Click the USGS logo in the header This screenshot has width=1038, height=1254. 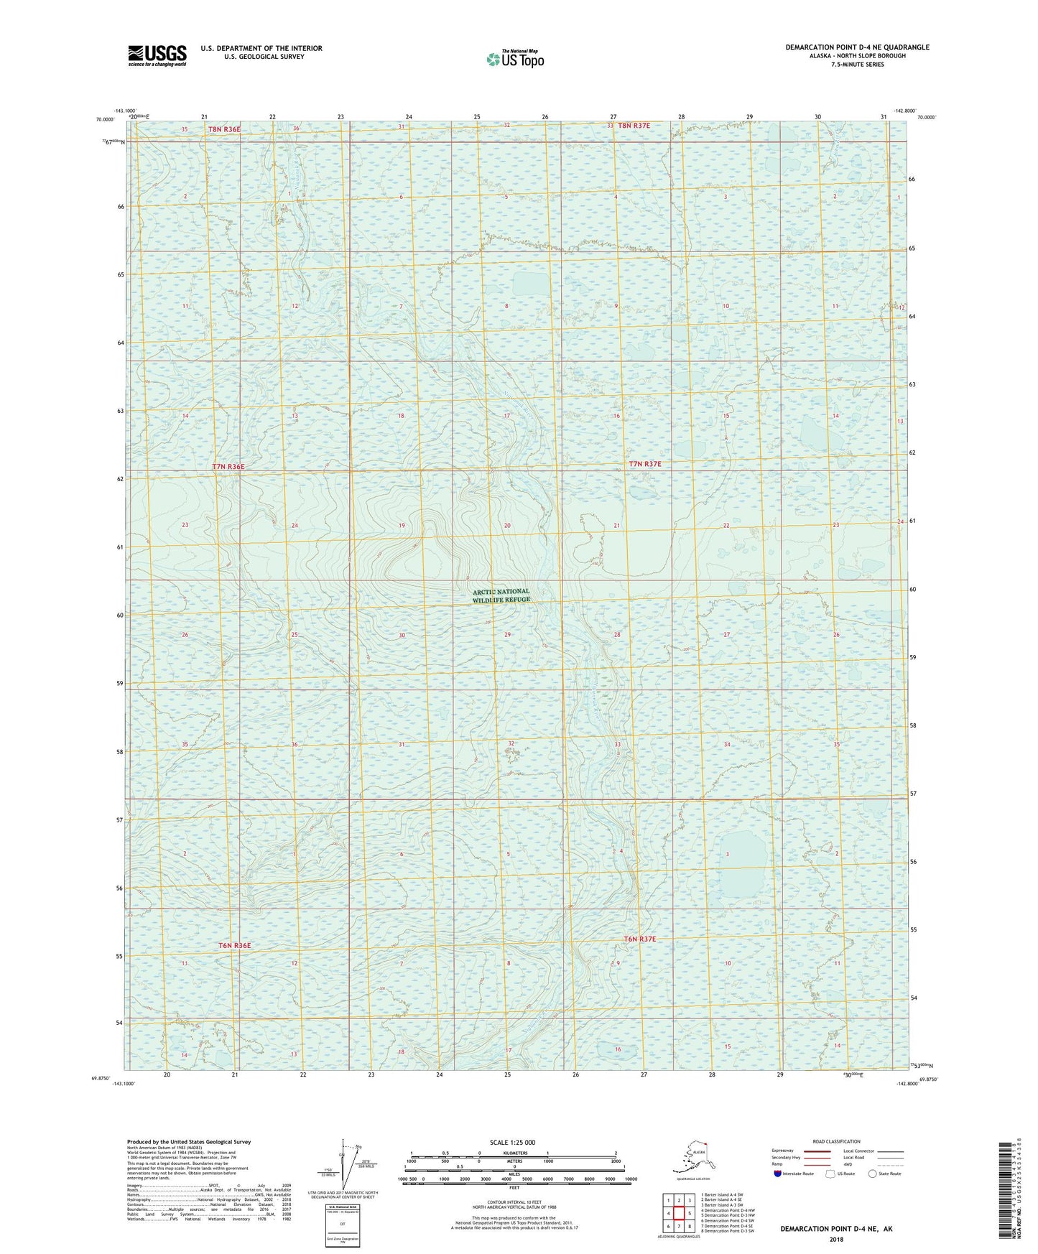coord(157,55)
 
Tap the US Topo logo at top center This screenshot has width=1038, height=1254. coord(514,59)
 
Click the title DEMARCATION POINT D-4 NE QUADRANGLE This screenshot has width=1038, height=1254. coord(857,47)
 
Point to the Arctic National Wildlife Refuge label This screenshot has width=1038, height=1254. coord(501,595)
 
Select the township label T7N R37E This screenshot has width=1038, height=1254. coord(645,464)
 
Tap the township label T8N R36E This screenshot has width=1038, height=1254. coord(224,129)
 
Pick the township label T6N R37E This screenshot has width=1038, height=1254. coord(640,939)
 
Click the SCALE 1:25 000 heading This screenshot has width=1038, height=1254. coord(512,1142)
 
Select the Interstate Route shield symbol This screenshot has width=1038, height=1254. coord(777,1174)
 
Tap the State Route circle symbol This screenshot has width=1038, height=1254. coord(873,1174)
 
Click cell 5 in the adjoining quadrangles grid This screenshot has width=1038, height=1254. coord(690,1214)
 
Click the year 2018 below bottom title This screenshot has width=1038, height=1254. coord(836,1239)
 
